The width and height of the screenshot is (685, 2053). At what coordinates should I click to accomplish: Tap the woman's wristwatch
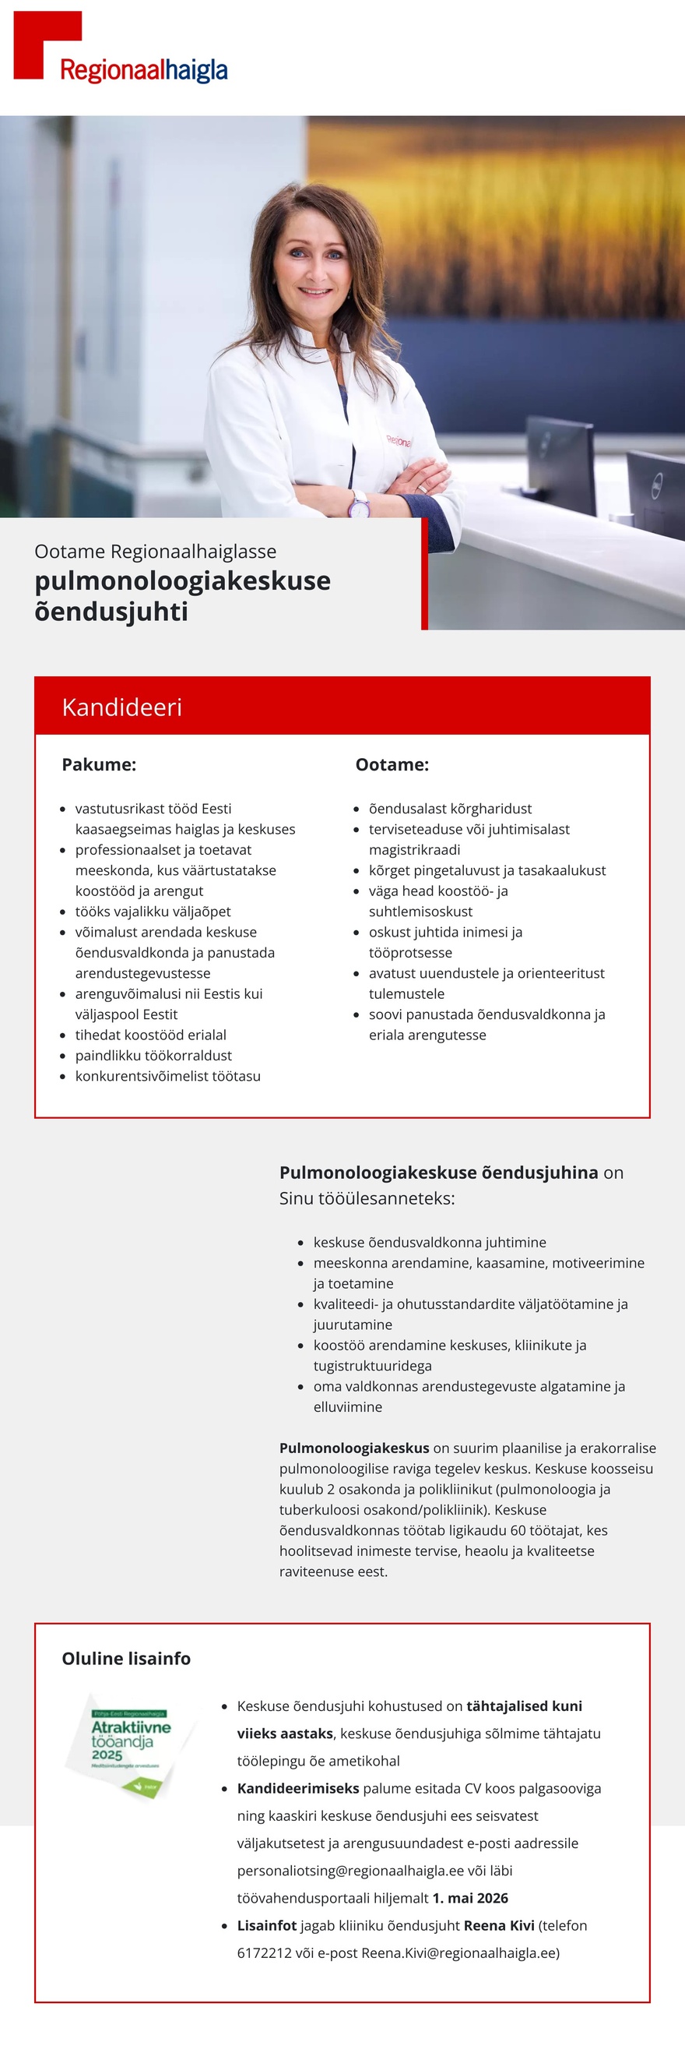358,503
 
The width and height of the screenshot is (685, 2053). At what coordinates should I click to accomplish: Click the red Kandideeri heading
122,707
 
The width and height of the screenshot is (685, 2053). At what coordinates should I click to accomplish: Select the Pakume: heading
99,764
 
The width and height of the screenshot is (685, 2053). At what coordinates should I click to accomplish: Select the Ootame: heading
392,764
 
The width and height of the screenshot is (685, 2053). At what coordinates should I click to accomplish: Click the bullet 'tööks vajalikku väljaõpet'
153,911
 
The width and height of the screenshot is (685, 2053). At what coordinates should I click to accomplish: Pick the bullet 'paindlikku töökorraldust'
153,1055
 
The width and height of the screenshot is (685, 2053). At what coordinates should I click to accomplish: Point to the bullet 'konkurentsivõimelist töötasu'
168,1076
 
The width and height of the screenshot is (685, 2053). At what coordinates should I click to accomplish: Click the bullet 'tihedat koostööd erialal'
150,1035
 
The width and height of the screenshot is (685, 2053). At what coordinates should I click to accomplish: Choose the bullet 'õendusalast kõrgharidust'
450,808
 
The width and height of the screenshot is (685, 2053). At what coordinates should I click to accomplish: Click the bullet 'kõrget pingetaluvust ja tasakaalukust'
487,870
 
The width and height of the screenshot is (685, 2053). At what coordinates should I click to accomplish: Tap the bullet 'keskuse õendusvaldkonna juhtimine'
430,1242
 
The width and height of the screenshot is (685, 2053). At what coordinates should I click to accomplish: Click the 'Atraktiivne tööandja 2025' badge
130,1744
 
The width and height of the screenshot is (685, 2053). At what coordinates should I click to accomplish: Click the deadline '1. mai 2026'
470,1898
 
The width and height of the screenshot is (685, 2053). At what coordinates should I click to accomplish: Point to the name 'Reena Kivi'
499,1925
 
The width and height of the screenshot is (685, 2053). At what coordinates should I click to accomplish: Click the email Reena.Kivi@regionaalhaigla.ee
460,1952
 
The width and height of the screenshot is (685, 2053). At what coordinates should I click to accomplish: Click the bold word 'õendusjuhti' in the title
111,612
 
